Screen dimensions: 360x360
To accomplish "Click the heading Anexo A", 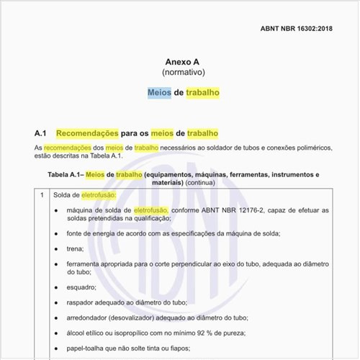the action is pos(179,61).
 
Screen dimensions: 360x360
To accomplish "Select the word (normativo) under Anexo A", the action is pos(180,73).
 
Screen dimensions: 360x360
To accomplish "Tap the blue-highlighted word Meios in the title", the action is pos(159,93).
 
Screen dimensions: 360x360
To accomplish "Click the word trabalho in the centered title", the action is pos(203,93).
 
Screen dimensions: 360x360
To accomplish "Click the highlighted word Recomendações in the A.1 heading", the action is pos(87,133).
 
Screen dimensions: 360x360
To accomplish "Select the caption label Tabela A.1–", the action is pos(66,174).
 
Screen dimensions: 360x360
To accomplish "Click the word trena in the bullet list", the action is pos(75,248).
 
